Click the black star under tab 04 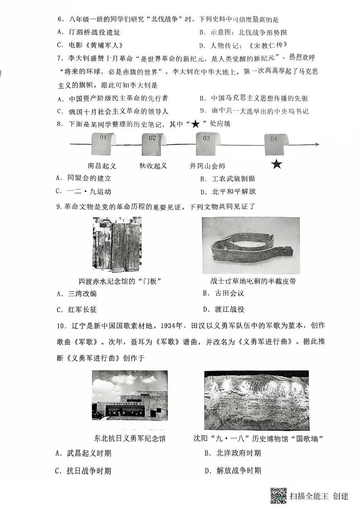click(276, 164)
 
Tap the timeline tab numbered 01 click(103, 143)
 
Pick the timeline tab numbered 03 click(207, 143)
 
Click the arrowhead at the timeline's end click(317, 145)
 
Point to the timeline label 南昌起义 click(102, 166)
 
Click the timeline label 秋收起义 click(153, 166)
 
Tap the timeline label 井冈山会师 click(207, 166)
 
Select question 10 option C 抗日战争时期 click(84, 471)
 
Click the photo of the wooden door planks click(117, 244)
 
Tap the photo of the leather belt click(251, 245)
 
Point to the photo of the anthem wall click(257, 400)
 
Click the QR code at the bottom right click(278, 495)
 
